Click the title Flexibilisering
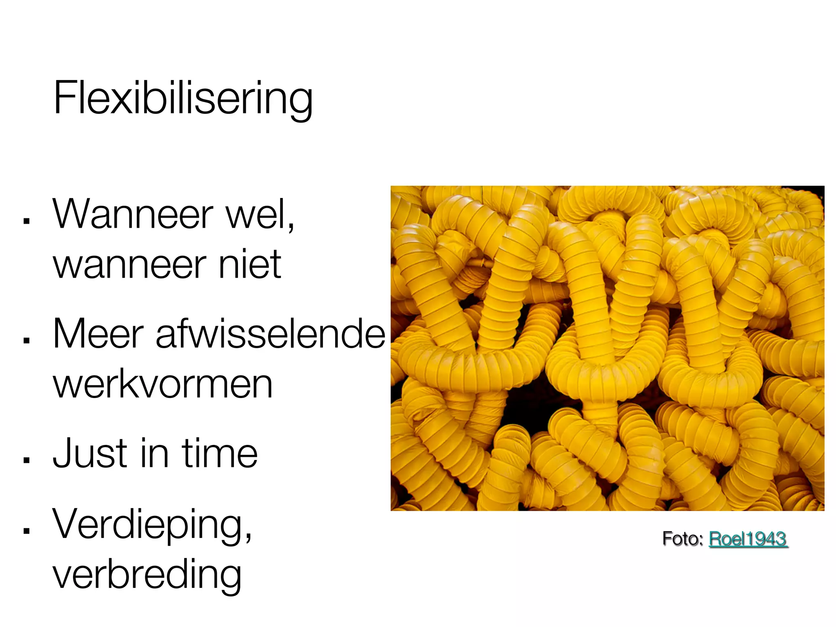pyautogui.click(x=183, y=98)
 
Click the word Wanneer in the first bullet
pyautogui.click(x=133, y=215)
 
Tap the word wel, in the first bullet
pyautogui.click(x=260, y=215)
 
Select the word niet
pyautogui.click(x=250, y=265)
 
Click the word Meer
pyautogui.click(x=98, y=334)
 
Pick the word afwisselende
pyautogui.click(x=270, y=334)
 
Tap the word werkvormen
pyautogui.click(x=162, y=385)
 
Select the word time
pyautogui.click(x=220, y=453)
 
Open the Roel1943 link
pyautogui.click(x=747, y=539)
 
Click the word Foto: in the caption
pyautogui.click(x=683, y=539)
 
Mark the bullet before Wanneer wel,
pyautogui.click(x=27, y=221)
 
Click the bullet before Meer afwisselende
pyautogui.click(x=27, y=341)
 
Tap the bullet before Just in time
pyautogui.click(x=27, y=460)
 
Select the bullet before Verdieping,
pyautogui.click(x=27, y=531)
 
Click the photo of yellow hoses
pyautogui.click(x=607, y=348)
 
